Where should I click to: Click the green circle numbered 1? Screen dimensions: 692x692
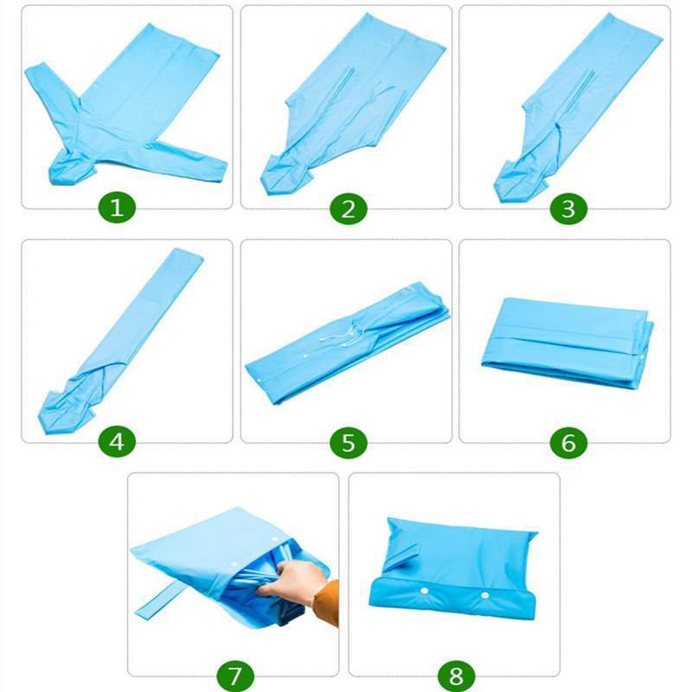117,207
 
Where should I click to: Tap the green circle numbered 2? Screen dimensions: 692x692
349,208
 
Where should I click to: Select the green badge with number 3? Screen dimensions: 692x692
568,208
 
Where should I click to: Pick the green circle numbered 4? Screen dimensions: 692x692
117,442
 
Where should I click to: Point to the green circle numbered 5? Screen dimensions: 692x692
349,443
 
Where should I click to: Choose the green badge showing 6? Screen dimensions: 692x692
568,443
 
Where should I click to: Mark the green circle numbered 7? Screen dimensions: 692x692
235,676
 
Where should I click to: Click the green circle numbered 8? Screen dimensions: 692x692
457,676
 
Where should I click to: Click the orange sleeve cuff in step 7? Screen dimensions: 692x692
328,603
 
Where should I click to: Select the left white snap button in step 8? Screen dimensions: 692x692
425,591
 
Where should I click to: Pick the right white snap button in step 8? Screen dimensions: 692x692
485,595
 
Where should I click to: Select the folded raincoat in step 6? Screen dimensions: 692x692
567,343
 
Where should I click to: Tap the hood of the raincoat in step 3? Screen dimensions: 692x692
521,179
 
